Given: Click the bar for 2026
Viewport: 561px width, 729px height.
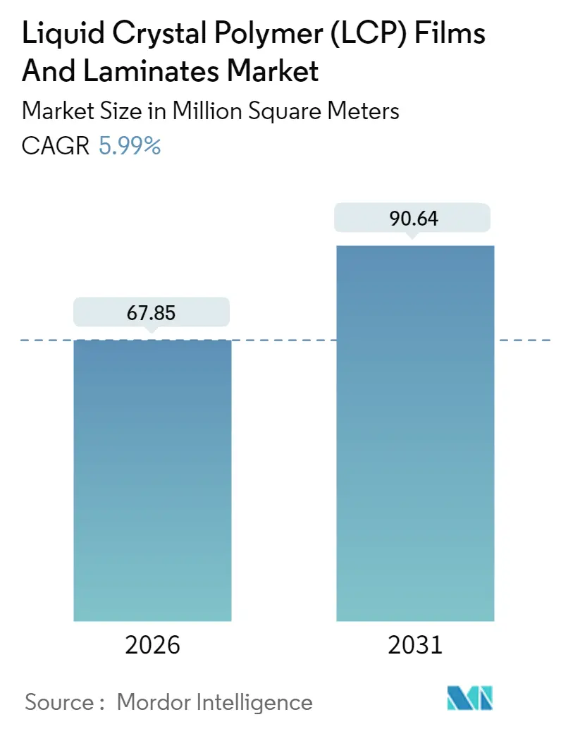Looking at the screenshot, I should (152, 479).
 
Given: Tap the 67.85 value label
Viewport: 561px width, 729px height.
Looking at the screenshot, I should (152, 312).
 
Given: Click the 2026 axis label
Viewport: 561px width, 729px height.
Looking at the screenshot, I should (152, 645).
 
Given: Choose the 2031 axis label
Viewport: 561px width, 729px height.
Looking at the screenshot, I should (415, 645).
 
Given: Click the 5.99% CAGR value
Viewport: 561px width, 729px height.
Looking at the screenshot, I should (130, 146).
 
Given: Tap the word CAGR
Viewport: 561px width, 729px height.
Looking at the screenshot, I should (56, 146).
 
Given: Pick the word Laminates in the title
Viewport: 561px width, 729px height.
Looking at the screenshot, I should (147, 71).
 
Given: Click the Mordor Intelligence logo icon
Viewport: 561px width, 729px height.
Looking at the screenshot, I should (470, 698).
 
